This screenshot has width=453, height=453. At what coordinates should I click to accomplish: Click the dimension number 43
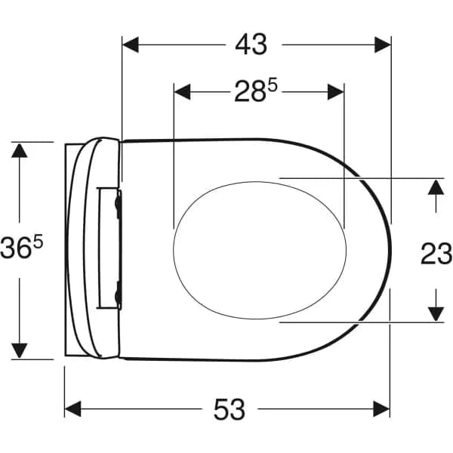[251, 45]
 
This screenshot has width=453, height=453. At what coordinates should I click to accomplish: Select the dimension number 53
[230, 409]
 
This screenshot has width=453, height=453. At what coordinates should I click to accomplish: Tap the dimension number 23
[436, 254]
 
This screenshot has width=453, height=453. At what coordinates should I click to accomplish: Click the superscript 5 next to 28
[273, 86]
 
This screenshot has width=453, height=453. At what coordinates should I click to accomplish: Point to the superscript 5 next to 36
[38, 242]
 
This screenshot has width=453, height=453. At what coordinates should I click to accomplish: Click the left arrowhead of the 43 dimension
[131, 45]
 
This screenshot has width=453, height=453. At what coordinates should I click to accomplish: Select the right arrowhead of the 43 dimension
[383, 45]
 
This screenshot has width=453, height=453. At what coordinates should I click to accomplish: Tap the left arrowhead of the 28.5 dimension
[182, 92]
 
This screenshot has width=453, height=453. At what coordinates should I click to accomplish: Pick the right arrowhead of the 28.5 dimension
[336, 92]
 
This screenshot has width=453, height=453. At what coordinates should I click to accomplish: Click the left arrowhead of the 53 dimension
[72, 408]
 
